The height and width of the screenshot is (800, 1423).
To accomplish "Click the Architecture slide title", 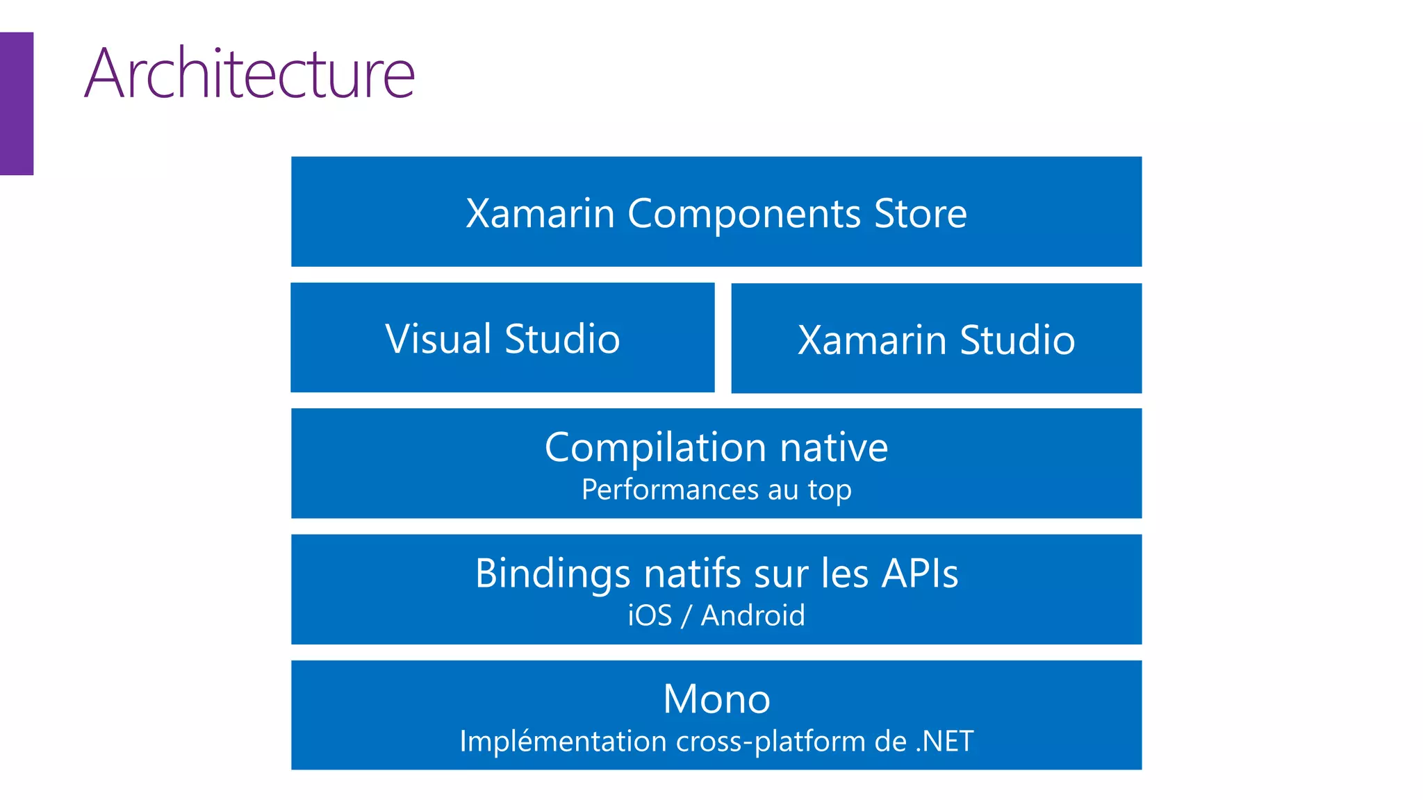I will (249, 74).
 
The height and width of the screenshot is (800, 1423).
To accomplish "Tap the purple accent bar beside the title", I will (16, 103).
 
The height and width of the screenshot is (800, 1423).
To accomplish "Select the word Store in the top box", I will (920, 213).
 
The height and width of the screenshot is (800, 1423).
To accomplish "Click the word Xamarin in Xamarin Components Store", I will (540, 213).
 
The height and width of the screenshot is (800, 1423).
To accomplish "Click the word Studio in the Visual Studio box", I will (561, 339).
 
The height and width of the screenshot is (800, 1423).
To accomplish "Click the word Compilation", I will (655, 448).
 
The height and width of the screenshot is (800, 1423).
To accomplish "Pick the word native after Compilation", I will (833, 448).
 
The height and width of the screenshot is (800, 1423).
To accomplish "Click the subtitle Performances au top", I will (716, 490).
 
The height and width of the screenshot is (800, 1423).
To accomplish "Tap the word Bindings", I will (552, 574).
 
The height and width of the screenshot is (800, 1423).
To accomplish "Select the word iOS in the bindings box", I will (650, 616).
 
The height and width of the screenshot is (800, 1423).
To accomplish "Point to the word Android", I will (752, 616).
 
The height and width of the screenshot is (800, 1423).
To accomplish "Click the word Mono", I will (716, 699).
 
